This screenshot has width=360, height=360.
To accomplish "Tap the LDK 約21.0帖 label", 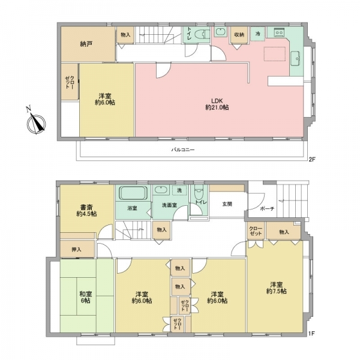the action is [x=217, y=104].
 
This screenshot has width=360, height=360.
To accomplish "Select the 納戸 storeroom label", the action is [x=86, y=44].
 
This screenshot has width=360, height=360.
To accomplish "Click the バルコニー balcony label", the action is [x=183, y=150].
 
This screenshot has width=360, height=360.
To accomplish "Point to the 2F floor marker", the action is [x=311, y=159].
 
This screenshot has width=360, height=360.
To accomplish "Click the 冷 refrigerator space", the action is [x=258, y=34].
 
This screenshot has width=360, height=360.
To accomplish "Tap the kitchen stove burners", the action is [x=279, y=32].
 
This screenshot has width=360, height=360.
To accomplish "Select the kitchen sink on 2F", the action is [x=295, y=59].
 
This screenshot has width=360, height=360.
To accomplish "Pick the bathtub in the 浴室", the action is [x=133, y=193].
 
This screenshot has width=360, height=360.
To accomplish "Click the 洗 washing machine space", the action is [x=179, y=190].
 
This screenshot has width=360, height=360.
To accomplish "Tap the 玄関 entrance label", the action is [x=227, y=204].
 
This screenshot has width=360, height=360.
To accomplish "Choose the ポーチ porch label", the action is [x=267, y=209].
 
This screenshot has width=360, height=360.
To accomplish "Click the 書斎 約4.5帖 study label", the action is [x=86, y=211].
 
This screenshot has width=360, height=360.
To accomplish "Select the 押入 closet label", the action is [x=76, y=250].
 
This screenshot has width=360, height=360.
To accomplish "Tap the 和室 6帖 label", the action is [x=85, y=297].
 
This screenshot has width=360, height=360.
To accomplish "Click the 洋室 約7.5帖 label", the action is [x=277, y=288].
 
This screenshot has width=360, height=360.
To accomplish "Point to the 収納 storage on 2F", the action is [x=239, y=34].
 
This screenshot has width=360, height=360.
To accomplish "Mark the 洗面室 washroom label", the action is [x=169, y=205].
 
